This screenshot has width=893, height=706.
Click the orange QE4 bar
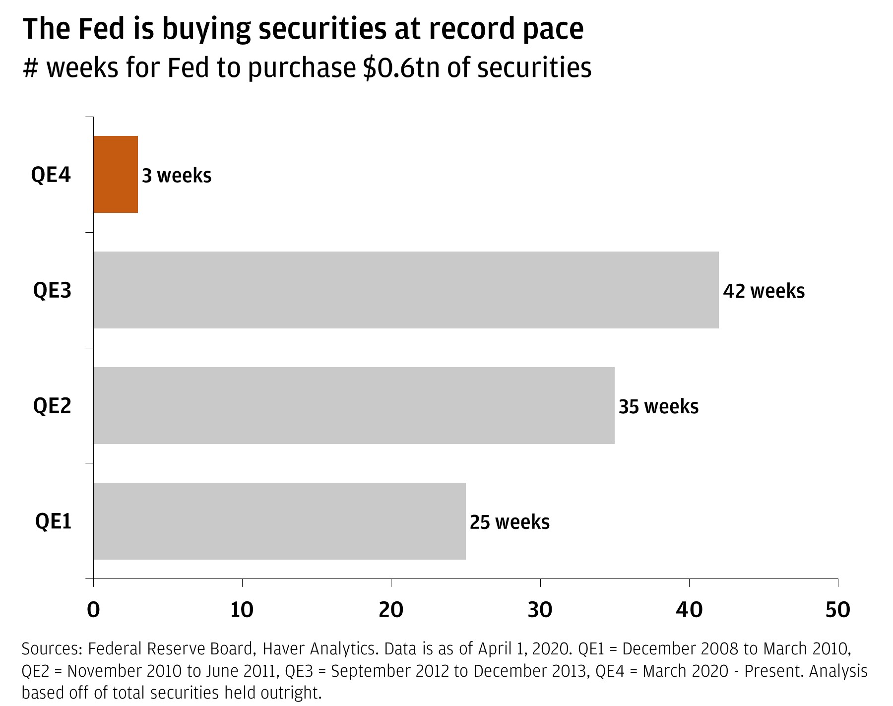(x=116, y=174)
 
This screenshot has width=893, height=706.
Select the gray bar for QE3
(x=406, y=290)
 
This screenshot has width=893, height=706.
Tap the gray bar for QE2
(x=354, y=405)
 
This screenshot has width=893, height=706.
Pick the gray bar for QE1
(x=279, y=521)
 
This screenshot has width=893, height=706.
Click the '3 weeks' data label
(x=177, y=176)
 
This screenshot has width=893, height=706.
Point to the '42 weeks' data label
(x=764, y=291)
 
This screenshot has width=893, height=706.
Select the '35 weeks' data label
(x=658, y=406)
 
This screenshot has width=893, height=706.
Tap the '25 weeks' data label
(x=510, y=522)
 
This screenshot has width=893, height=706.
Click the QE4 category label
(x=51, y=175)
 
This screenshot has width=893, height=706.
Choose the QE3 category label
(x=52, y=290)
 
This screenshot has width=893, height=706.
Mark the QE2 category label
(x=52, y=406)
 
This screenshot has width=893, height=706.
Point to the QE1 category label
(x=53, y=521)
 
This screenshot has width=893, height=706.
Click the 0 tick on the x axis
(x=93, y=610)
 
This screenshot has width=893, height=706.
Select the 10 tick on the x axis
(x=242, y=610)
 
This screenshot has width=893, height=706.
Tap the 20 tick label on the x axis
(x=391, y=610)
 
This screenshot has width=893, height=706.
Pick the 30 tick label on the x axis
(x=540, y=610)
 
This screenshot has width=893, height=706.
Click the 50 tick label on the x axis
(x=837, y=610)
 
